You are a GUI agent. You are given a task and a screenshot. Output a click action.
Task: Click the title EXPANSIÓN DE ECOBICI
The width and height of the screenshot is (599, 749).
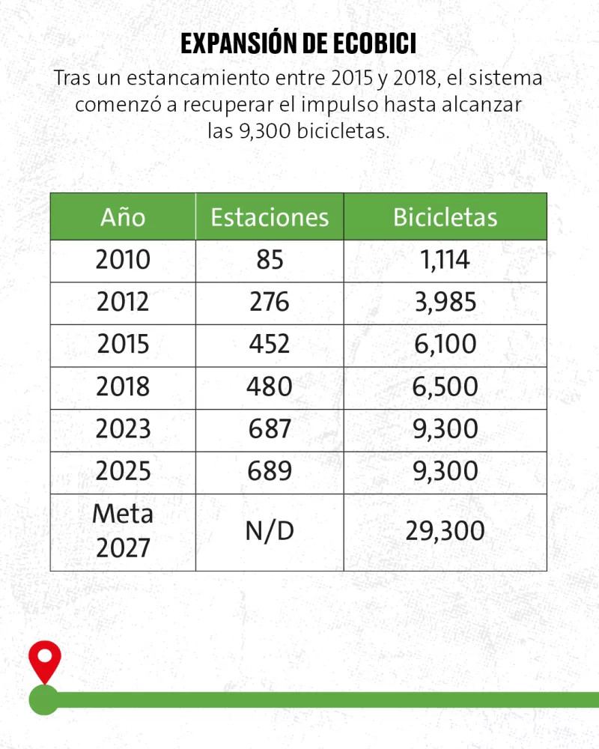(299, 44)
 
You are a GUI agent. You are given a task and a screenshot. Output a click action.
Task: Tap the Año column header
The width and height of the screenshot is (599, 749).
(123, 216)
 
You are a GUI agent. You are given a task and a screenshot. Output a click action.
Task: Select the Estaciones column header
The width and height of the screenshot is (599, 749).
(270, 216)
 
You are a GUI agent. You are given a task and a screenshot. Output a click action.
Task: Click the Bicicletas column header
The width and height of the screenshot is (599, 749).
(446, 216)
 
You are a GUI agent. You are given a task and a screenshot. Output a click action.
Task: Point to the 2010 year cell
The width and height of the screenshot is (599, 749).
(123, 260)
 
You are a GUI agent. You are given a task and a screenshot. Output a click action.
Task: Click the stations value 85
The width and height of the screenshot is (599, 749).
(270, 260)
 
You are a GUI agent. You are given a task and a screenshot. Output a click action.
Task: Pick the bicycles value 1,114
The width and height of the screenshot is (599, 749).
(446, 260)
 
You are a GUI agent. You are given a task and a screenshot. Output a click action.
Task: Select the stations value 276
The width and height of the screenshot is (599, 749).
(270, 302)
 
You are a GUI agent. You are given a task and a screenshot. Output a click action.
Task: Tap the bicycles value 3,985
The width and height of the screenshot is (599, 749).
(446, 302)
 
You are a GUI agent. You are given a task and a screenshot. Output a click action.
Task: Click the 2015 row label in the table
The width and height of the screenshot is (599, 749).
(123, 345)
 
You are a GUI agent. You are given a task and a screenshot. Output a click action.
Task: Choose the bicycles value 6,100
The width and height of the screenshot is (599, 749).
(446, 345)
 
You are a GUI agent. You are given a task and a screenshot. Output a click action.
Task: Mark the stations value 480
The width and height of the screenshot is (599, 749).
(270, 386)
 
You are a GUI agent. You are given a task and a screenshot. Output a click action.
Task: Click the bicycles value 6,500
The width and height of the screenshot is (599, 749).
(446, 386)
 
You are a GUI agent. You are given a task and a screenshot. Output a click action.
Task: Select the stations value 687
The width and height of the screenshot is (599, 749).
(270, 429)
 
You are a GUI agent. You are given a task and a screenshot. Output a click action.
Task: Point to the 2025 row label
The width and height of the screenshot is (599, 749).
(123, 471)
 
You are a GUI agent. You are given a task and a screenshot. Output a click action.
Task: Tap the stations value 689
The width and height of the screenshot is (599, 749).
(270, 471)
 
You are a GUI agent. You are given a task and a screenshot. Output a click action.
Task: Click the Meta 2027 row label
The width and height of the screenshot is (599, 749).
(123, 531)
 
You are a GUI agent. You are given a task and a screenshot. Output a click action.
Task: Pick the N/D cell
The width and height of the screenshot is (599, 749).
(270, 531)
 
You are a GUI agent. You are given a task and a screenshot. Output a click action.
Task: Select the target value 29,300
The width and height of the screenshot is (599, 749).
(446, 531)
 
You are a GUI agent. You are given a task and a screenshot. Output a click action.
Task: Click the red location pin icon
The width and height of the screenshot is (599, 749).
(44, 660)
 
